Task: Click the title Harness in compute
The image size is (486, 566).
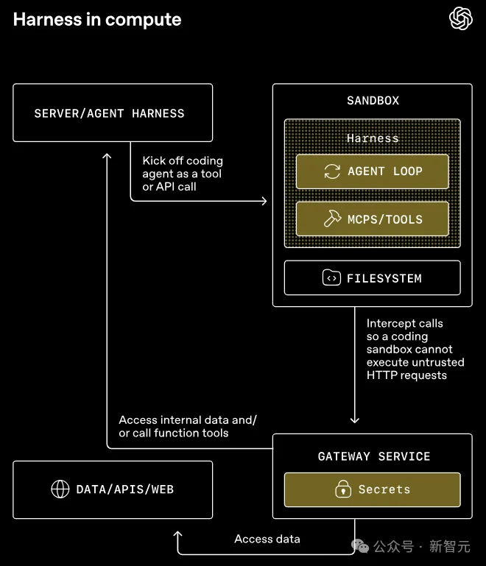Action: point(97,20)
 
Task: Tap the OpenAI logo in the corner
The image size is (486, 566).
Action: point(461,18)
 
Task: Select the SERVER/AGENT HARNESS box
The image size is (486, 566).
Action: point(113,113)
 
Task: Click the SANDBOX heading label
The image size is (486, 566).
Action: point(373,100)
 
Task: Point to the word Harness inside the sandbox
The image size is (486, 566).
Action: point(373,138)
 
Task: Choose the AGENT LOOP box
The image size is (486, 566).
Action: point(372,171)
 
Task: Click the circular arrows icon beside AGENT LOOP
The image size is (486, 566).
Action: point(332,171)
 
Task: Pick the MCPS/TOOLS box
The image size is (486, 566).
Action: point(372,219)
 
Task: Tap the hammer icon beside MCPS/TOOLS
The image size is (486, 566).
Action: point(332,219)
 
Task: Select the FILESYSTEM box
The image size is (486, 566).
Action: point(372,278)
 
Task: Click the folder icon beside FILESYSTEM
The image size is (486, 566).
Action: point(331,278)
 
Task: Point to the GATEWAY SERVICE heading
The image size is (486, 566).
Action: point(373,456)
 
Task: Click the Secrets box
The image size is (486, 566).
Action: point(372,489)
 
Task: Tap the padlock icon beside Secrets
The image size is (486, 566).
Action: point(342,489)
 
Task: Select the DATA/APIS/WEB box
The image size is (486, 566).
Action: point(113,489)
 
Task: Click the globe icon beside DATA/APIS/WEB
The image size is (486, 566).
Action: point(60,489)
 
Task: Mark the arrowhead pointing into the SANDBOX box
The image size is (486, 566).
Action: point(263,200)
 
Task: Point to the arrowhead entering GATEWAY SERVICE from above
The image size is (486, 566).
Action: point(354,419)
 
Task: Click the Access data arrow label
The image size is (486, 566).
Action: point(267,539)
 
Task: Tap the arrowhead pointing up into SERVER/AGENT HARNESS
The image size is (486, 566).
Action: point(108,156)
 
